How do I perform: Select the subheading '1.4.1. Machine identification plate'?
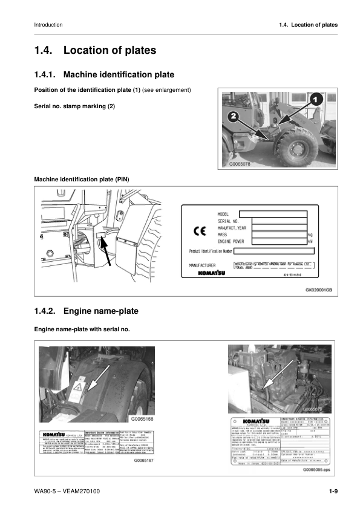(x=104, y=74)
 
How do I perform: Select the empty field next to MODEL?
(x=272, y=213)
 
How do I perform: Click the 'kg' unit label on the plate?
(x=310, y=235)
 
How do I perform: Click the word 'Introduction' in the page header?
(x=48, y=25)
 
